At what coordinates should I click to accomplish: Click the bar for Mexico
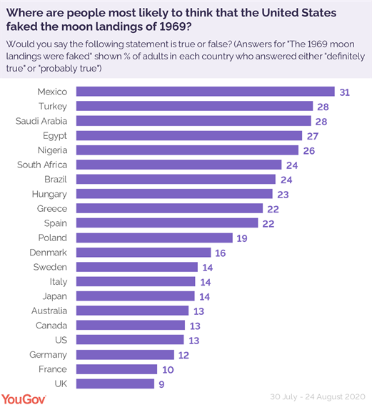coord(205,92)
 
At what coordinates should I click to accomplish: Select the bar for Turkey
coord(193,106)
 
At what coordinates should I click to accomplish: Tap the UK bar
coord(114,384)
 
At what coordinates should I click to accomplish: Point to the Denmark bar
coord(143,253)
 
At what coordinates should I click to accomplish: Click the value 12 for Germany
coord(184,355)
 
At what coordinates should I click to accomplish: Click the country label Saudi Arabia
coord(42,121)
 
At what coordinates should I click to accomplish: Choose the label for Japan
coord(54,296)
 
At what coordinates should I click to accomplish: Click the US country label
coord(60,340)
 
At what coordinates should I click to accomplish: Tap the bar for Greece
coord(168,208)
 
